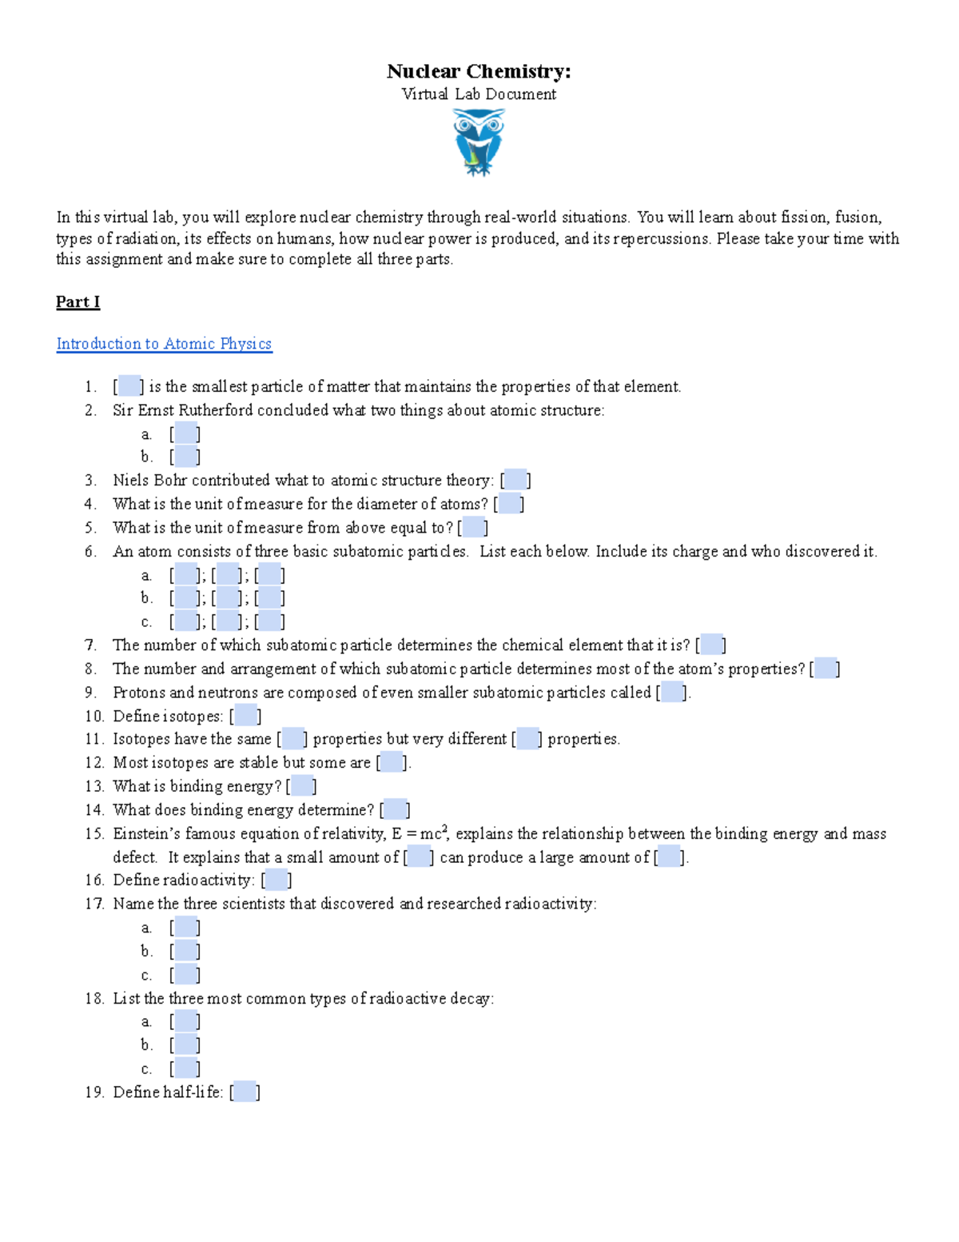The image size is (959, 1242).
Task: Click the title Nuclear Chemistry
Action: click(478, 71)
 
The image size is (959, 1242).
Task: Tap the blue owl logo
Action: click(478, 142)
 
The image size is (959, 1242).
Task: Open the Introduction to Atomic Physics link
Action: click(164, 343)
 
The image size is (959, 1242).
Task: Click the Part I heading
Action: click(78, 302)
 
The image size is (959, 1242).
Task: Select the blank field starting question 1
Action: click(129, 386)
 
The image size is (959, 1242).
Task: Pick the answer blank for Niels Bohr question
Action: click(515, 480)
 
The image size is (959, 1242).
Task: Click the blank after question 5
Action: click(473, 528)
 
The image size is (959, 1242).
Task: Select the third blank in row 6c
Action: click(269, 621)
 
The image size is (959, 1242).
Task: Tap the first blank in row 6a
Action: click(185, 575)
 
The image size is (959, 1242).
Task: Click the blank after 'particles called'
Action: click(672, 693)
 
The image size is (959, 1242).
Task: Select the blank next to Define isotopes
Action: click(245, 716)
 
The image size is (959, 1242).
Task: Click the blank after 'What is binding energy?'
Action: click(302, 786)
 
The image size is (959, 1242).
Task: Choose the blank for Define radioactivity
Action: click(277, 881)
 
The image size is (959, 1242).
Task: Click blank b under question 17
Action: click(185, 951)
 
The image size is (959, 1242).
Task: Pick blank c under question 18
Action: click(185, 1068)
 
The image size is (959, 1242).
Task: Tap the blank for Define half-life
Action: click(245, 1092)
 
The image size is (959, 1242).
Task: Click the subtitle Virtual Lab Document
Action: click(478, 94)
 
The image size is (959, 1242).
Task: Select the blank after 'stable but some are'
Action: click(392, 763)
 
